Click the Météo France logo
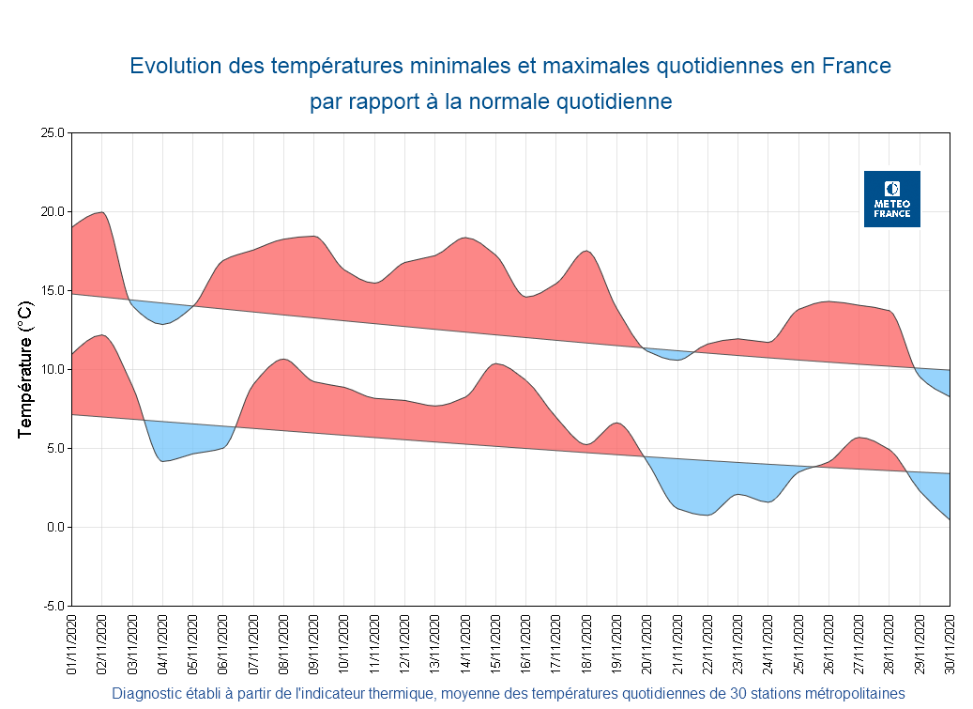(891, 199)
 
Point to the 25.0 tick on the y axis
(52, 133)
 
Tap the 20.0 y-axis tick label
(52, 212)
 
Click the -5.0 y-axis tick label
(53, 606)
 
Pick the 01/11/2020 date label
(72, 644)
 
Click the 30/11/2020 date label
(950, 644)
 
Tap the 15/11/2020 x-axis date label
(496, 644)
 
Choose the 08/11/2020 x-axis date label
(284, 644)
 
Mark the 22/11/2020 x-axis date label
(707, 644)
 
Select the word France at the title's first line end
(856, 67)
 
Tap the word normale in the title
(501, 101)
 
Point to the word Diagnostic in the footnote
(149, 694)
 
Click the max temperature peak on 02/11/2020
(101, 212)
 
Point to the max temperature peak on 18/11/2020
(585, 251)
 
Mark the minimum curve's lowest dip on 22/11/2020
(707, 515)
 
